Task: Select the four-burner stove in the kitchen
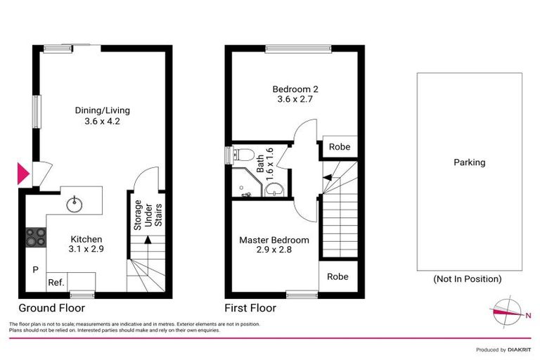click(35, 238)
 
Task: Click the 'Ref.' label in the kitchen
click(56, 283)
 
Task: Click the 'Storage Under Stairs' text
click(148, 214)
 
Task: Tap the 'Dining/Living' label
click(103, 110)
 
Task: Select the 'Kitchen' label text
click(86, 239)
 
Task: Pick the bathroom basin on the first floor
click(275, 188)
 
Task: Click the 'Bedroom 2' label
click(295, 89)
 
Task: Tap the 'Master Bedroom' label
click(274, 240)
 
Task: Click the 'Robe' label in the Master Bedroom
click(338, 276)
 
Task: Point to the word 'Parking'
click(469, 162)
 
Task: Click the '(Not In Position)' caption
click(468, 279)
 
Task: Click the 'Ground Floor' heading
click(52, 308)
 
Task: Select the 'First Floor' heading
click(250, 308)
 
